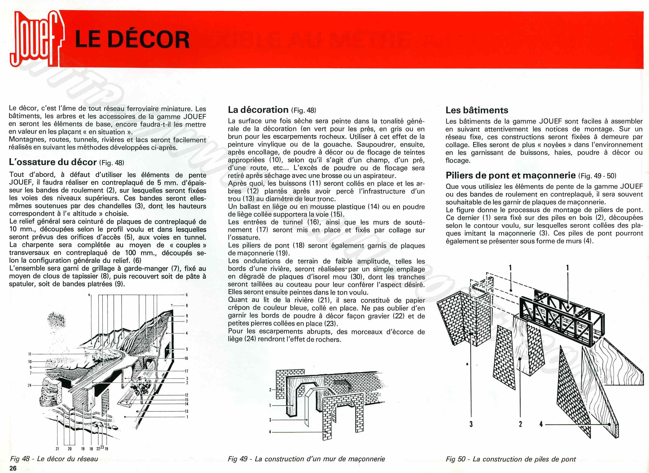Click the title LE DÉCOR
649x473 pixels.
[x=132, y=39]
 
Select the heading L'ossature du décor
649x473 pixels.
[x=53, y=162]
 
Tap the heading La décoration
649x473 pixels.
[x=258, y=110]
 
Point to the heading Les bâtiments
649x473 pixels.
[x=477, y=110]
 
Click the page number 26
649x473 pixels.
[x=13, y=468]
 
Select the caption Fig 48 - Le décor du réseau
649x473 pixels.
[x=54, y=459]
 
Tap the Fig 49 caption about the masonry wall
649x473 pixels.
[x=306, y=459]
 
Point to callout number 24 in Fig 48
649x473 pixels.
[x=29, y=385]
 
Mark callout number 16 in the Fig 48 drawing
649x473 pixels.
[x=186, y=358]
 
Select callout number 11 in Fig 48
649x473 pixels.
[x=30, y=354]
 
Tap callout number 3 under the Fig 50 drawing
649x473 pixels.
[x=471, y=424]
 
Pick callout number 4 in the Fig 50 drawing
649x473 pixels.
[x=541, y=424]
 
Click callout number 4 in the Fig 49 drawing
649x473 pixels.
[x=270, y=432]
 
